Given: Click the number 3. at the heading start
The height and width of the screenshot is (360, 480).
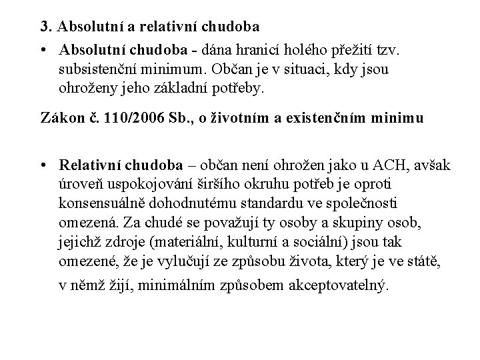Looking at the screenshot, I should (45, 28).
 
